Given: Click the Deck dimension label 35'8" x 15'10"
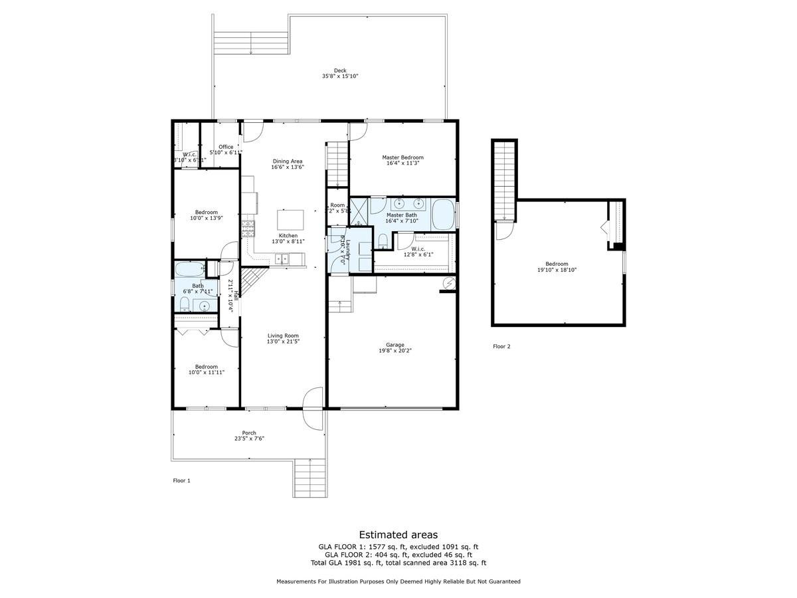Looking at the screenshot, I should pos(340,76).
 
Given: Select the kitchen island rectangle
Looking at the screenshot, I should pos(290,219).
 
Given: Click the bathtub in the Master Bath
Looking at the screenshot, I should pos(444,214).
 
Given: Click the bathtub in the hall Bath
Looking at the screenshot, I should pos(190,270).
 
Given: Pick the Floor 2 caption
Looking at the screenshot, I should pos(501,346).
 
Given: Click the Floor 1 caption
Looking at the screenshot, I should pos(181,480).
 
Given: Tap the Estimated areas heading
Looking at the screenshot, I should pos(398,534).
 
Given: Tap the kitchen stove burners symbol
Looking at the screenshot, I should pos(248,229).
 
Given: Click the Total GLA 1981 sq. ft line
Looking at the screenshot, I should pos(398,563).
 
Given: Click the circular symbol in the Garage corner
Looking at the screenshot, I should pos(448,283).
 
